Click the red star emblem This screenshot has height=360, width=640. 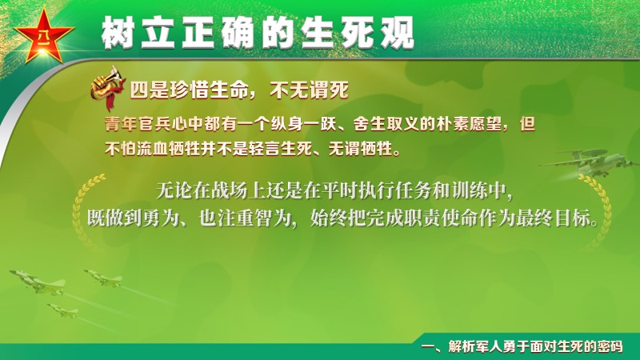coord(44,35)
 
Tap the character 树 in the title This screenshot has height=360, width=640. coord(118,33)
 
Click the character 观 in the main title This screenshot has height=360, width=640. coord(398,33)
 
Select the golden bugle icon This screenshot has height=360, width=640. coord(108,87)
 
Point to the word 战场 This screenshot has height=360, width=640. coord(230,190)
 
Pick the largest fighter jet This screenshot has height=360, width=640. coord(38,282)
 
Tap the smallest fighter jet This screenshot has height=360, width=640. coord(62,311)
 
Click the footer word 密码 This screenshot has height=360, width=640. coord(610,346)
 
